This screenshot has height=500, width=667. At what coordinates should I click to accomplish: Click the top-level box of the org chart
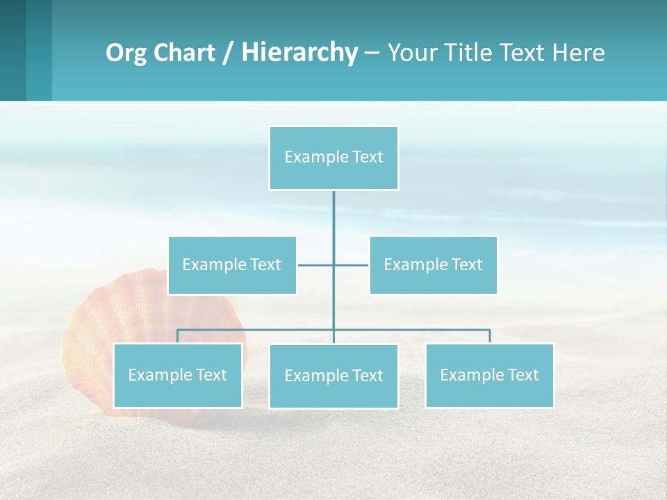click(x=333, y=158)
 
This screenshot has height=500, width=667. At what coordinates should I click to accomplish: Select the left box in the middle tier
click(x=232, y=265)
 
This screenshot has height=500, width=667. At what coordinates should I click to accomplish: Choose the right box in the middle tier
click(x=433, y=265)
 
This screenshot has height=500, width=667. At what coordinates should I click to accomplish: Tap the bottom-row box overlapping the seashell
click(x=178, y=375)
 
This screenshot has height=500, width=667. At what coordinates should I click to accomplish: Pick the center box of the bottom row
click(x=333, y=376)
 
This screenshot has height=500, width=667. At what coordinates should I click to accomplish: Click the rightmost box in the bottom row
click(x=489, y=375)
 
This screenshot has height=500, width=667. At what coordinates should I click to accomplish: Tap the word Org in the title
click(x=126, y=52)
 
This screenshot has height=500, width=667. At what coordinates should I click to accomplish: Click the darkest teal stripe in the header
click(x=13, y=50)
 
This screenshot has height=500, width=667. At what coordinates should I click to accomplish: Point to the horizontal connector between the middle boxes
click(x=316, y=265)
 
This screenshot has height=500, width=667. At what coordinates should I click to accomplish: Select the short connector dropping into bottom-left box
click(x=177, y=336)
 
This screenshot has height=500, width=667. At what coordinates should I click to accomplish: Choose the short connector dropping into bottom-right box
click(x=490, y=336)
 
